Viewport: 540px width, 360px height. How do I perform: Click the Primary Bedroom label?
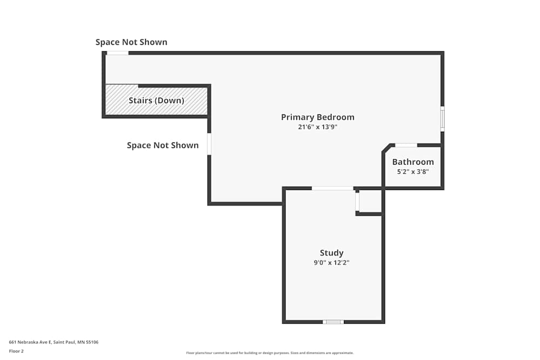pyautogui.click(x=318, y=117)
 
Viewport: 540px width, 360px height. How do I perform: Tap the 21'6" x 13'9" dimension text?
pyautogui.click(x=318, y=127)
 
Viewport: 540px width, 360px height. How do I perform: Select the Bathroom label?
pyautogui.click(x=413, y=162)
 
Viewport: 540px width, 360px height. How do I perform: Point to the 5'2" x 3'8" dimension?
pyautogui.click(x=413, y=172)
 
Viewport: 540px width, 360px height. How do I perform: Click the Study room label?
pyautogui.click(x=332, y=253)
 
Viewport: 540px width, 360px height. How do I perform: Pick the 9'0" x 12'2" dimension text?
pyautogui.click(x=332, y=263)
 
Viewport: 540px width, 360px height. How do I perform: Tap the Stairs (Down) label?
pyautogui.click(x=156, y=100)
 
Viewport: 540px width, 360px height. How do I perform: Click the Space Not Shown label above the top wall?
pyautogui.click(x=131, y=42)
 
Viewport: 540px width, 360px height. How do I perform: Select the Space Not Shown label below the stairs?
pyautogui.click(x=163, y=145)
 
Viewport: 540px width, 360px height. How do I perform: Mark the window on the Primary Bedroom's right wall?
pyautogui.click(x=442, y=118)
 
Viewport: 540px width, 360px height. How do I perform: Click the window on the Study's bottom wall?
pyautogui.click(x=333, y=322)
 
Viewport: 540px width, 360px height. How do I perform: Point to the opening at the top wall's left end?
pyautogui.click(x=118, y=53)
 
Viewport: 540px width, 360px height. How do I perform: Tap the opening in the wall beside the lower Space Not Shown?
pyautogui.click(x=209, y=144)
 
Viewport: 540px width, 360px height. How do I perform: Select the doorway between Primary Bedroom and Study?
pyautogui.click(x=333, y=188)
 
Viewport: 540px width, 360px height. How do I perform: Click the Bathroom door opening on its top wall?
pyautogui.click(x=406, y=145)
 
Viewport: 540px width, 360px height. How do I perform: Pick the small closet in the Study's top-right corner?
pyautogui.click(x=370, y=201)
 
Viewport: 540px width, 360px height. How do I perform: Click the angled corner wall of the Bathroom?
pyautogui.click(x=386, y=148)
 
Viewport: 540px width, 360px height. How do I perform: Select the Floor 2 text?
pyautogui.click(x=16, y=351)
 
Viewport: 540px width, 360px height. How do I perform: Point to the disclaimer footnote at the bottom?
pyautogui.click(x=270, y=353)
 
